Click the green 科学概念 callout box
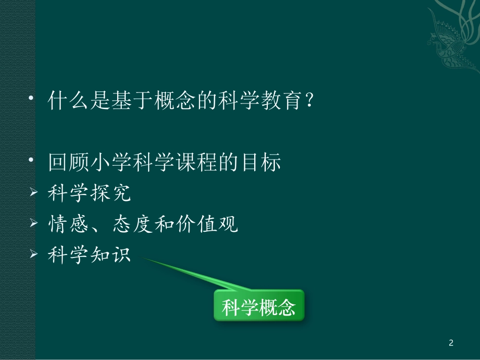pyautogui.click(x=259, y=305)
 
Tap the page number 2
pyautogui.click(x=451, y=343)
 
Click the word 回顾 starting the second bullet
pyautogui.click(x=65, y=163)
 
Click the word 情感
pyautogui.click(x=65, y=224)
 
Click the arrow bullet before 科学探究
pyautogui.click(x=34, y=193)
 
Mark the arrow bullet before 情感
pyautogui.click(x=34, y=223)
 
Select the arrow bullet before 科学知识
pyautogui.click(x=34, y=254)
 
